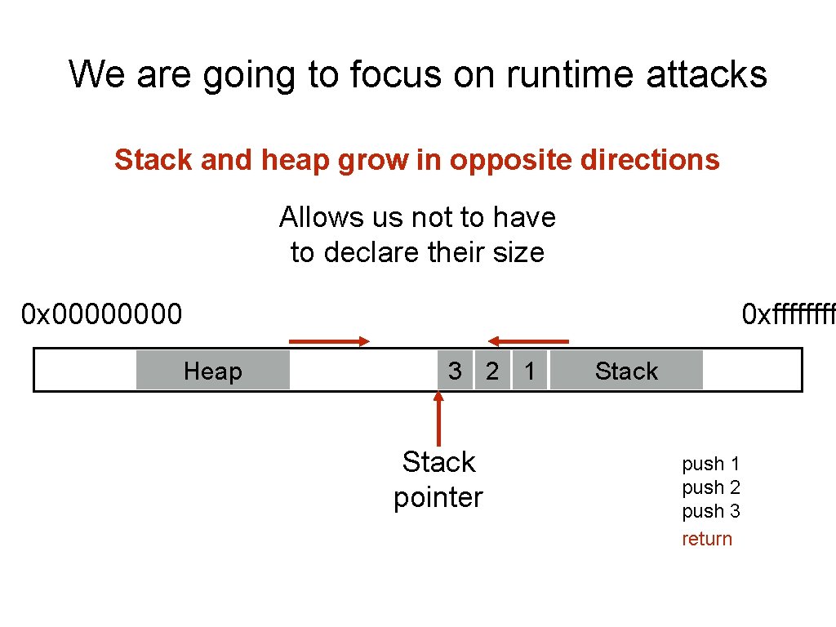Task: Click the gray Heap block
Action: click(x=212, y=371)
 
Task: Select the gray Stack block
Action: click(x=626, y=371)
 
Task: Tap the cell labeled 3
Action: click(x=455, y=371)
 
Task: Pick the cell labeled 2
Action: click(x=492, y=371)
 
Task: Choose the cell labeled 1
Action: click(x=530, y=371)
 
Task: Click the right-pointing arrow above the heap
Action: click(x=329, y=342)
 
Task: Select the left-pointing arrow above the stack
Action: click(x=528, y=341)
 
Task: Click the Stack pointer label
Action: click(x=438, y=479)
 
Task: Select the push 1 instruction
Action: click(x=710, y=464)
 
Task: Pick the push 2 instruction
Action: click(x=710, y=487)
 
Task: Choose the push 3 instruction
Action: click(x=710, y=511)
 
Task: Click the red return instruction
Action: click(x=707, y=539)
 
